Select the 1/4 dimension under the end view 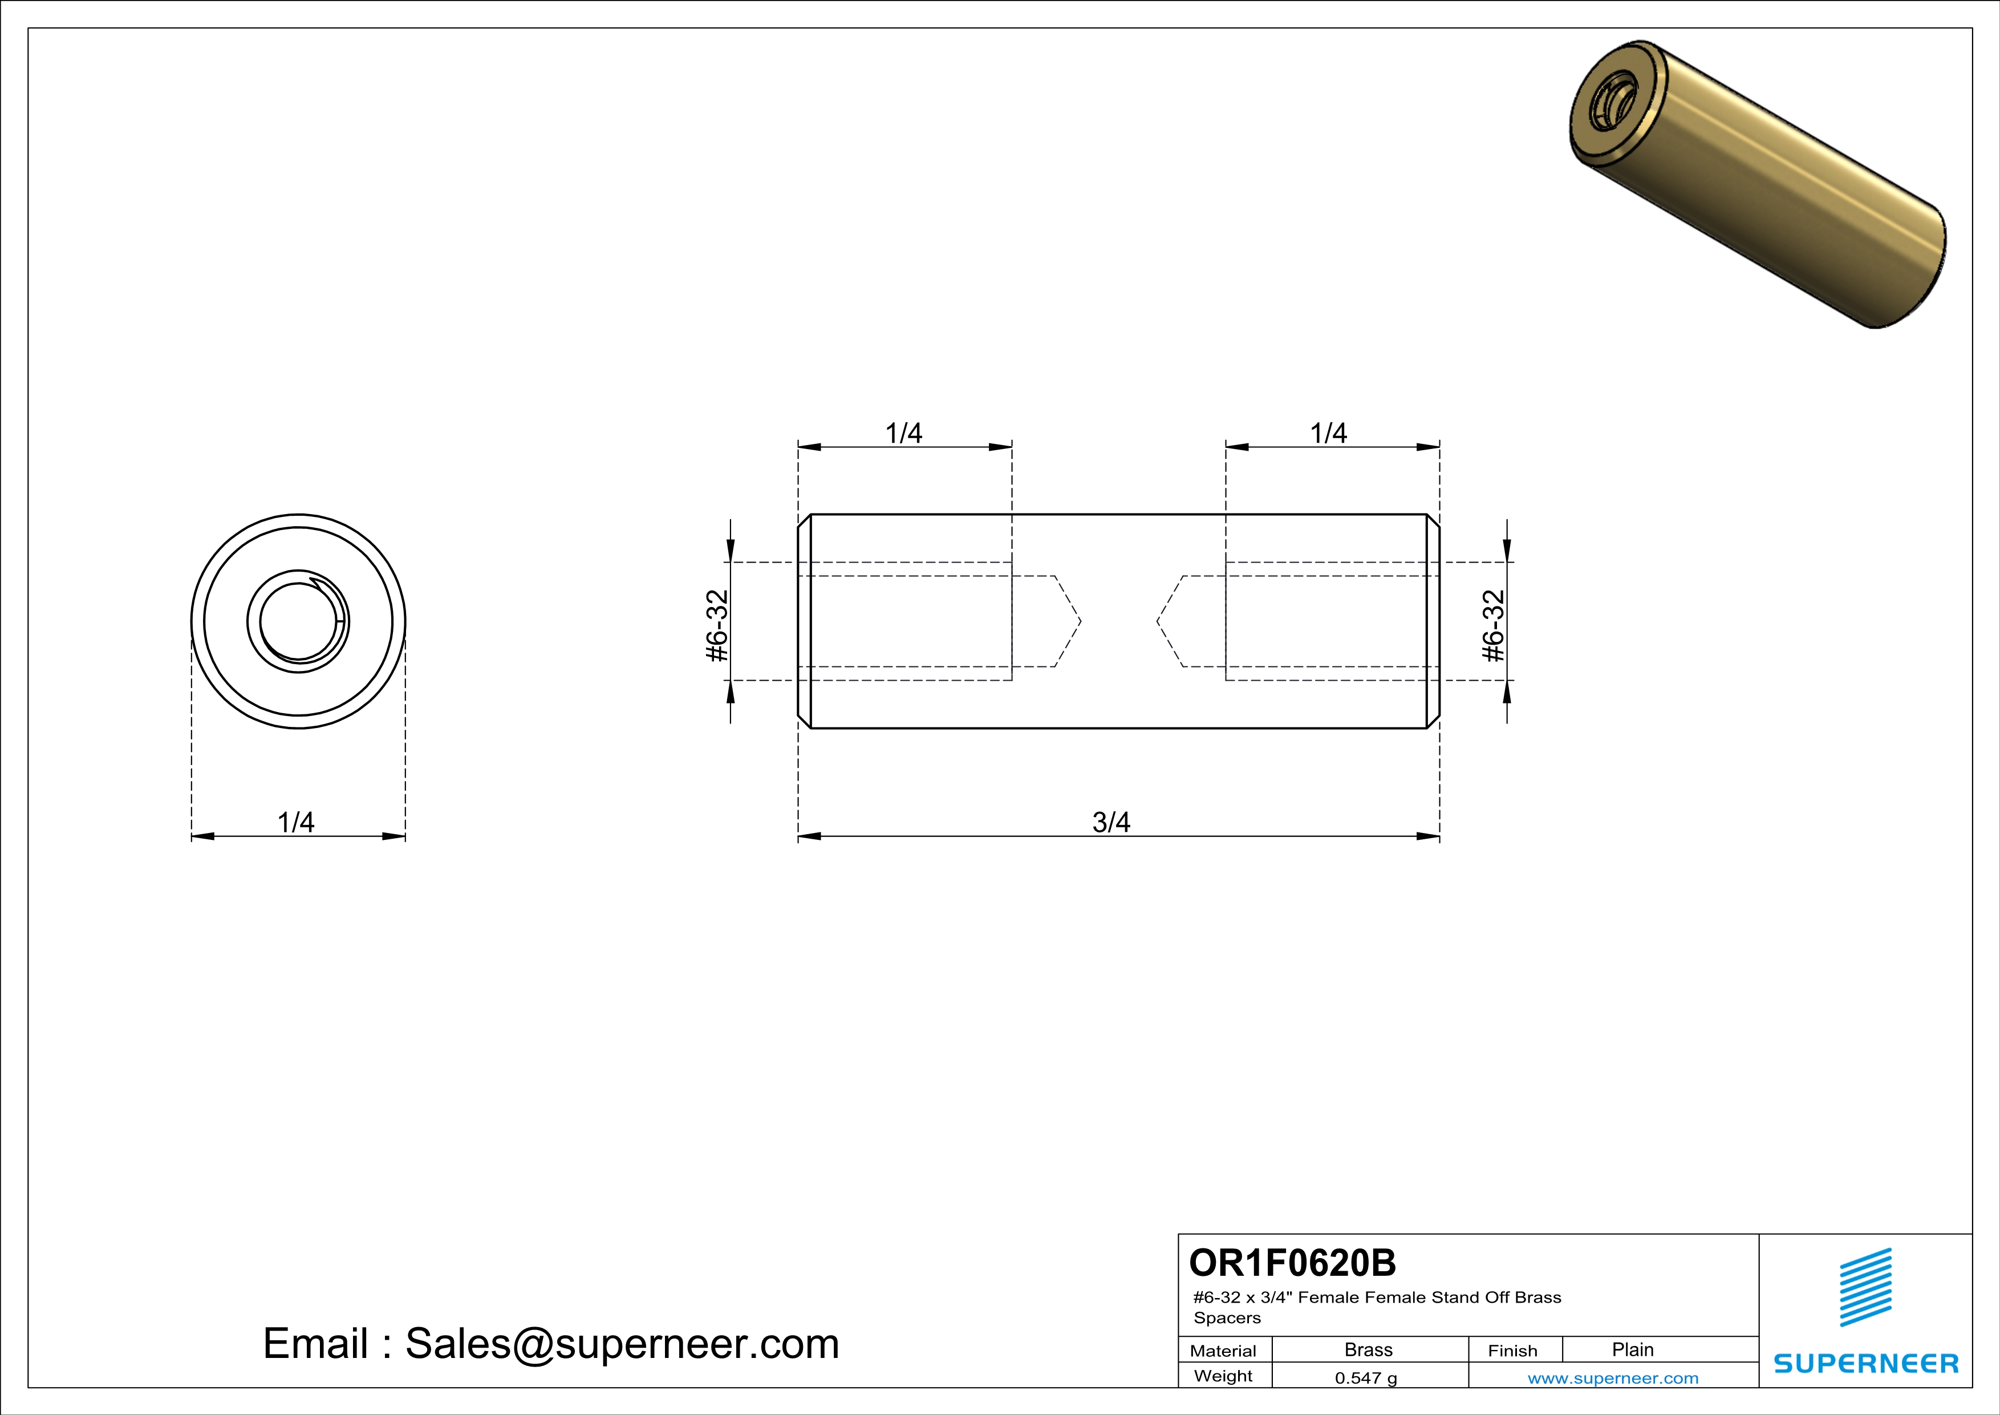pos(295,822)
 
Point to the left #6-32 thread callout pos(716,625)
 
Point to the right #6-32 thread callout pos(1493,625)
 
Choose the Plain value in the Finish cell pos(1632,1349)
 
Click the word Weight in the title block pos(1223,1376)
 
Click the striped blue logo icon pos(1865,1287)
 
